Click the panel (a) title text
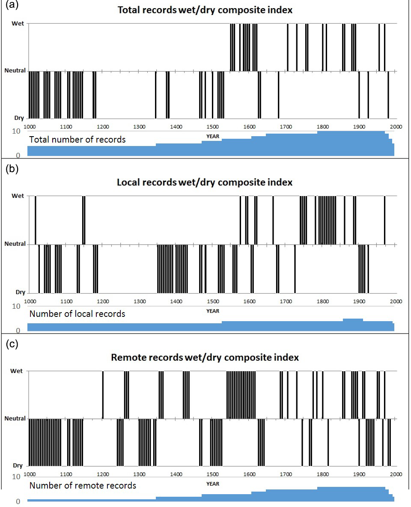tap(205, 10)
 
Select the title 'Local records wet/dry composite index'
tap(205, 182)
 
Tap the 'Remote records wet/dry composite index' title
tap(205, 357)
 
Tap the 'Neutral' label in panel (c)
tap(15, 418)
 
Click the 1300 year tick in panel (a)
tap(139, 127)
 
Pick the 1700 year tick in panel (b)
tap(286, 301)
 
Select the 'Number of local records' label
tap(77, 314)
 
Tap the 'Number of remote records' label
tap(83, 486)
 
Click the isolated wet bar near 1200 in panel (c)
tap(103, 394)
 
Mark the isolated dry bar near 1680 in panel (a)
tap(278, 95)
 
